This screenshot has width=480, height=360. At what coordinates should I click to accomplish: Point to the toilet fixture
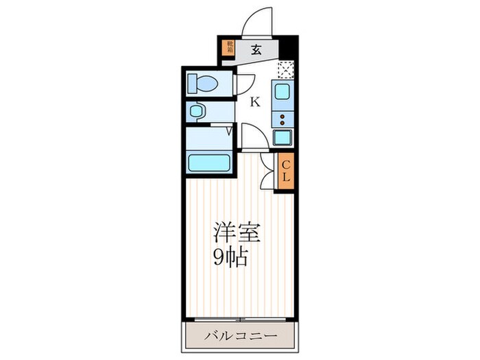pos(203,84)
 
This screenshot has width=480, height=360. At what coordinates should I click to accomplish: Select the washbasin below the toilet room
pos(197,111)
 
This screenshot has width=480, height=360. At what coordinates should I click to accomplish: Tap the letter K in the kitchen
pos(254,103)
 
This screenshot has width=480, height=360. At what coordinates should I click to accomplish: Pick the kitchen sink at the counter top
pos(283,91)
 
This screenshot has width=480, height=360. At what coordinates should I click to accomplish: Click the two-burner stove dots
pos(283,119)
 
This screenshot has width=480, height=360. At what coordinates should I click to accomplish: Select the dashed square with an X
pos(285,69)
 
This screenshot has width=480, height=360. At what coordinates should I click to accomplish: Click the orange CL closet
pos(286,171)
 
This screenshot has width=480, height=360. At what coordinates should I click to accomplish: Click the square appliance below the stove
pos(283,137)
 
